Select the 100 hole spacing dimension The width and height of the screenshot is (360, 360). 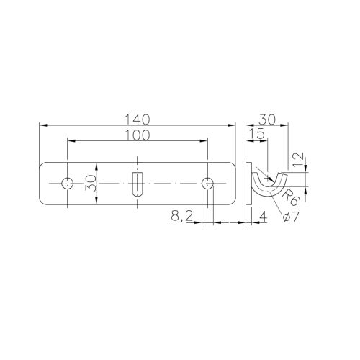[x=138, y=135]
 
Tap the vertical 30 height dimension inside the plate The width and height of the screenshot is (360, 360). [x=91, y=183]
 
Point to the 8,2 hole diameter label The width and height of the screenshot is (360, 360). [x=182, y=217]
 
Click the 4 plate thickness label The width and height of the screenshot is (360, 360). [x=264, y=217]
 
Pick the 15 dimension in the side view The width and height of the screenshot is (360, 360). [x=257, y=134]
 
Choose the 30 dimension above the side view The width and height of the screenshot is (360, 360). [x=268, y=120]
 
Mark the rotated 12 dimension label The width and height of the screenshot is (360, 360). [x=298, y=160]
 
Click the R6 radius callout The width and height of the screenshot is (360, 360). [x=291, y=197]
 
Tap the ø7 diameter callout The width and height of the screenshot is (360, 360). [x=291, y=217]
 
